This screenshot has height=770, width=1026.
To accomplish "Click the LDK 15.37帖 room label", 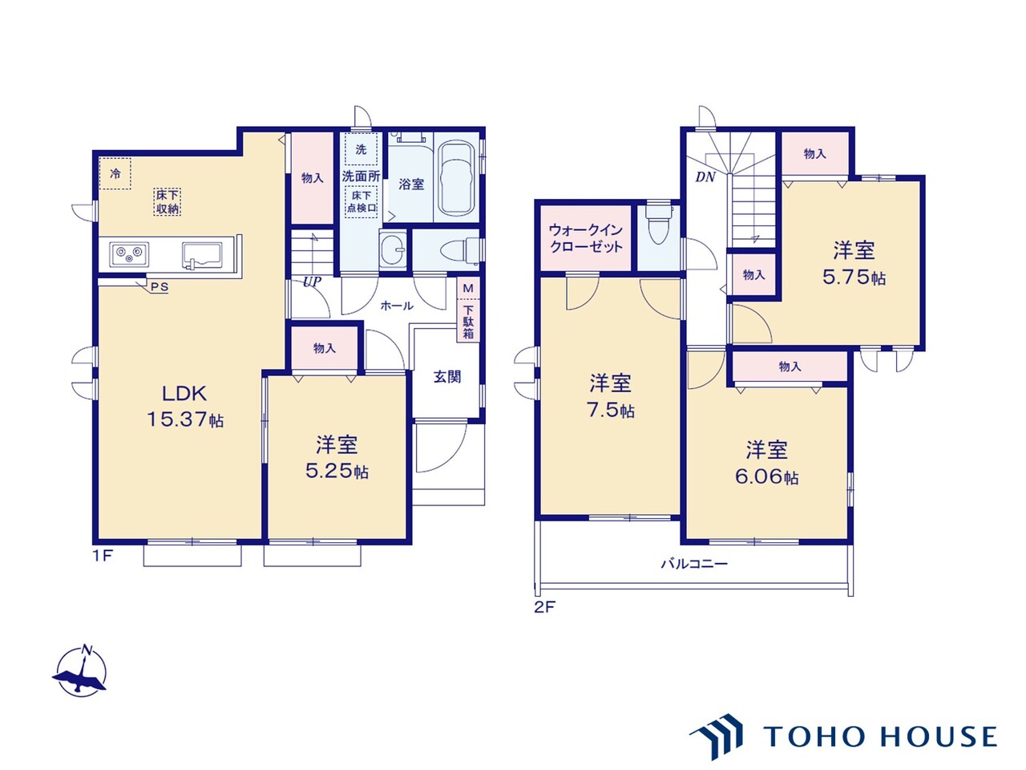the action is click(185, 407).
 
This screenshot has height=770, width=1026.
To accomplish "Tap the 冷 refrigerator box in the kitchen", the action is click(115, 173).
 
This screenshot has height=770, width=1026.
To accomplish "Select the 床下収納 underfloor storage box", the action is click(168, 202).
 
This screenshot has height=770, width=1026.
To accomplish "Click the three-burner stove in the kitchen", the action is click(129, 254).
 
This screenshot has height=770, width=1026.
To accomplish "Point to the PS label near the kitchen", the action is click(160, 287).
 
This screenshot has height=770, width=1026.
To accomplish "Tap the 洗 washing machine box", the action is click(361, 149).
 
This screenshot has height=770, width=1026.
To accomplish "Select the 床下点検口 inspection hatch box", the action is click(362, 202).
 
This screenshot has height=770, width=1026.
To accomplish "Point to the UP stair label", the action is click(312, 282).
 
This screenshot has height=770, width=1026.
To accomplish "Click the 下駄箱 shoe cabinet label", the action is click(468, 322).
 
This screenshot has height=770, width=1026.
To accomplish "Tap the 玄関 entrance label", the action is click(447, 376).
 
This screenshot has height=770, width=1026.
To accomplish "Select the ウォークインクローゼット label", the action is click(586, 238).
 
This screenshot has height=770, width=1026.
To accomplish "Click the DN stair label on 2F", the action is click(705, 177).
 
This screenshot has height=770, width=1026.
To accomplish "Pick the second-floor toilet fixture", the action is click(659, 224).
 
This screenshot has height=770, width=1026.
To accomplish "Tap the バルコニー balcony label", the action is click(694, 564).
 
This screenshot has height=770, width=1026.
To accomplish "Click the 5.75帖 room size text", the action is click(854, 278).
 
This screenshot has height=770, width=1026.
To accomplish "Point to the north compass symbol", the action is click(80, 672).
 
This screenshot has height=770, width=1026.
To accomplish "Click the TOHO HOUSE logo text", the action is click(880, 736).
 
